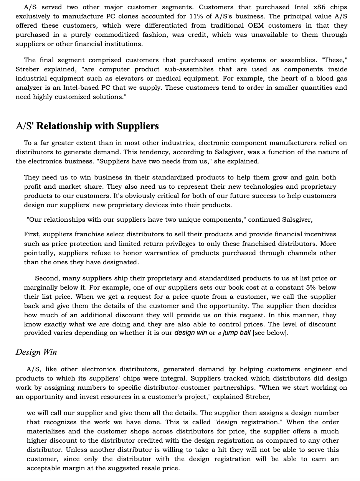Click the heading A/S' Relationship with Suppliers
(x=87, y=126)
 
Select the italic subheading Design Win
(x=36, y=352)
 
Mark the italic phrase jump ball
(x=236, y=333)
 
